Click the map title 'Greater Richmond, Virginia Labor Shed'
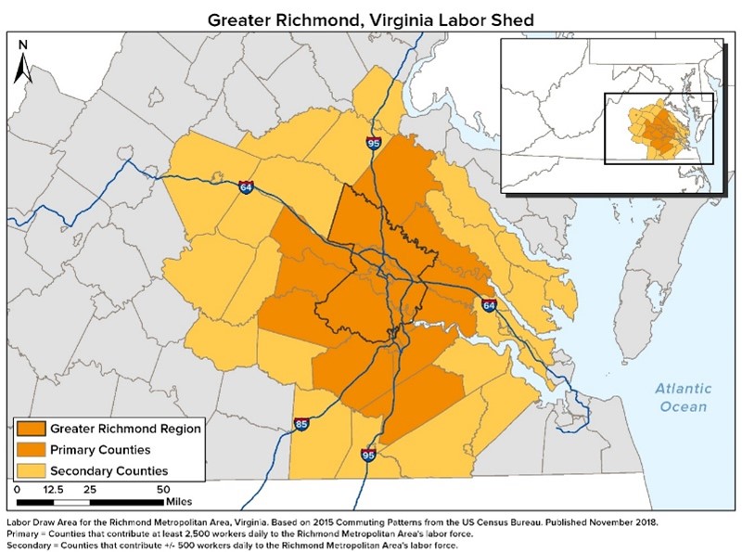(x=370, y=18)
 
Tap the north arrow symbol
(x=25, y=61)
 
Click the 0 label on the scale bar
(x=19, y=488)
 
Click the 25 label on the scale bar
(x=90, y=488)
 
